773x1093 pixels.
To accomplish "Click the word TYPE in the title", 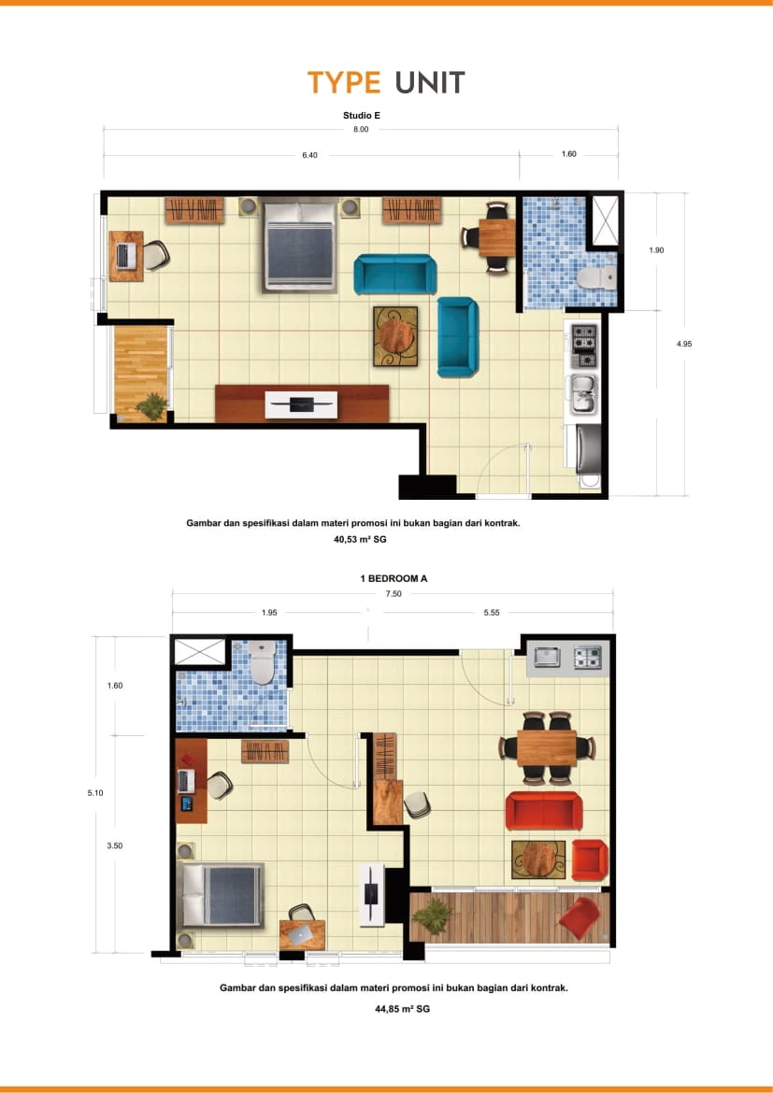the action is tap(344, 83).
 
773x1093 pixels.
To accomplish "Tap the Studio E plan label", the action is tap(362, 116).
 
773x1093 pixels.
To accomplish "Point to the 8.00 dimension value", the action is tap(361, 130).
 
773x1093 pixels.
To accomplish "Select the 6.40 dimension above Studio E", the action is tap(309, 155).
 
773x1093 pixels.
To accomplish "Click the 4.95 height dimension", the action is tap(684, 344).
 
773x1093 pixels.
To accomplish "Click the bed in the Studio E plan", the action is tap(300, 245).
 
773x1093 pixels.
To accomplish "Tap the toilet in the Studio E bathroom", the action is tap(596, 277).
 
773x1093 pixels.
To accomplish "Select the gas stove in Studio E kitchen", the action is tap(584, 346).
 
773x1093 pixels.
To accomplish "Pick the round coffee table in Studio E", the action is tap(395, 336).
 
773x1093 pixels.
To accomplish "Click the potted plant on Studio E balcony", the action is tap(150, 405).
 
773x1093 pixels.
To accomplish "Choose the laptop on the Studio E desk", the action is tap(126, 256).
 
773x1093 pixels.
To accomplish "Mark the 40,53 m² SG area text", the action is tap(360, 540).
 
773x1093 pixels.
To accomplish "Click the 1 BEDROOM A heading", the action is tap(394, 578).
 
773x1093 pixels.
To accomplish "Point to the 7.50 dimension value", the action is tap(394, 594).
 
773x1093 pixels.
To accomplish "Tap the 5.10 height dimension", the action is tap(95, 792).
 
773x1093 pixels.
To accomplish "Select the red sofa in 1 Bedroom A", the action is tap(544, 811).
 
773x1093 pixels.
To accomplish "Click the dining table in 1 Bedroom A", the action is tap(547, 748).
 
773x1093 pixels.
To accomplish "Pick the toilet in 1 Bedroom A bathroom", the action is tap(263, 662).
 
